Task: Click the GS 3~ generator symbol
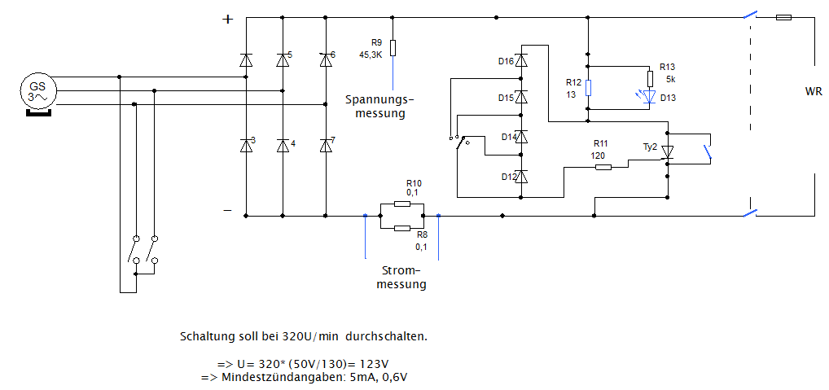pos(37,91)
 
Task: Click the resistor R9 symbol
pos(393,48)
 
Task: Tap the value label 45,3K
pos(371,55)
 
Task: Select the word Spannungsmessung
pos(379,106)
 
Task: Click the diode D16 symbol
pos(522,60)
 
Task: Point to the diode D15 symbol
pos(522,98)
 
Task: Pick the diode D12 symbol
pos(522,176)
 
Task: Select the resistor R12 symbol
pos(588,88)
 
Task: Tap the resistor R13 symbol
pos(650,79)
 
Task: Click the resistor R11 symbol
pos(603,167)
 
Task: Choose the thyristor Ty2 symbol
pos(668,151)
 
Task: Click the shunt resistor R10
pos(401,204)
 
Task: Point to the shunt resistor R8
pos(401,229)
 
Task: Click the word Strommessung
pos(403,278)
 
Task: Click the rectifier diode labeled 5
pos(283,59)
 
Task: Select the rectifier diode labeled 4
pos(283,146)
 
